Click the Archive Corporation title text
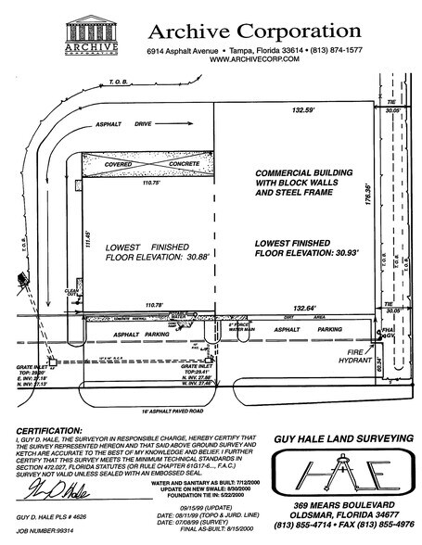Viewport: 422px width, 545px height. [253, 32]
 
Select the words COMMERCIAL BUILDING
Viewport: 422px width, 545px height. [301, 174]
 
